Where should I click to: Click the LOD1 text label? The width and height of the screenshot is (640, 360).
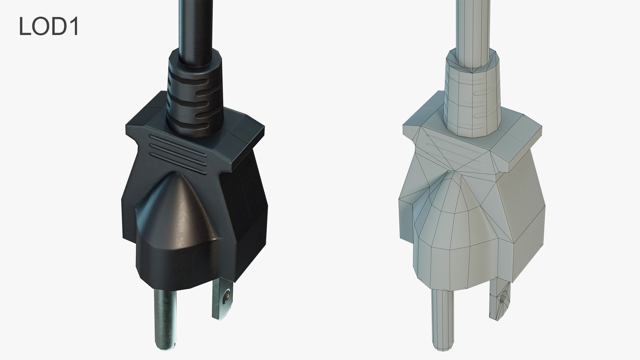coord(49,26)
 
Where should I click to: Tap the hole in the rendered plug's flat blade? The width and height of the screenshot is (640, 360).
coord(227,295)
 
